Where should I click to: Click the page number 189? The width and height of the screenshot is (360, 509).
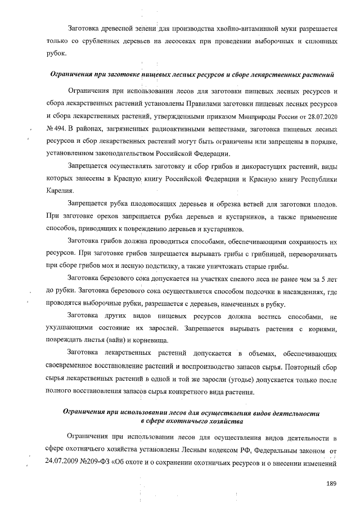point(331,483)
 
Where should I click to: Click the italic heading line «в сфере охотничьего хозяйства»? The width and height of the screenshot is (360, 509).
point(192,420)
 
